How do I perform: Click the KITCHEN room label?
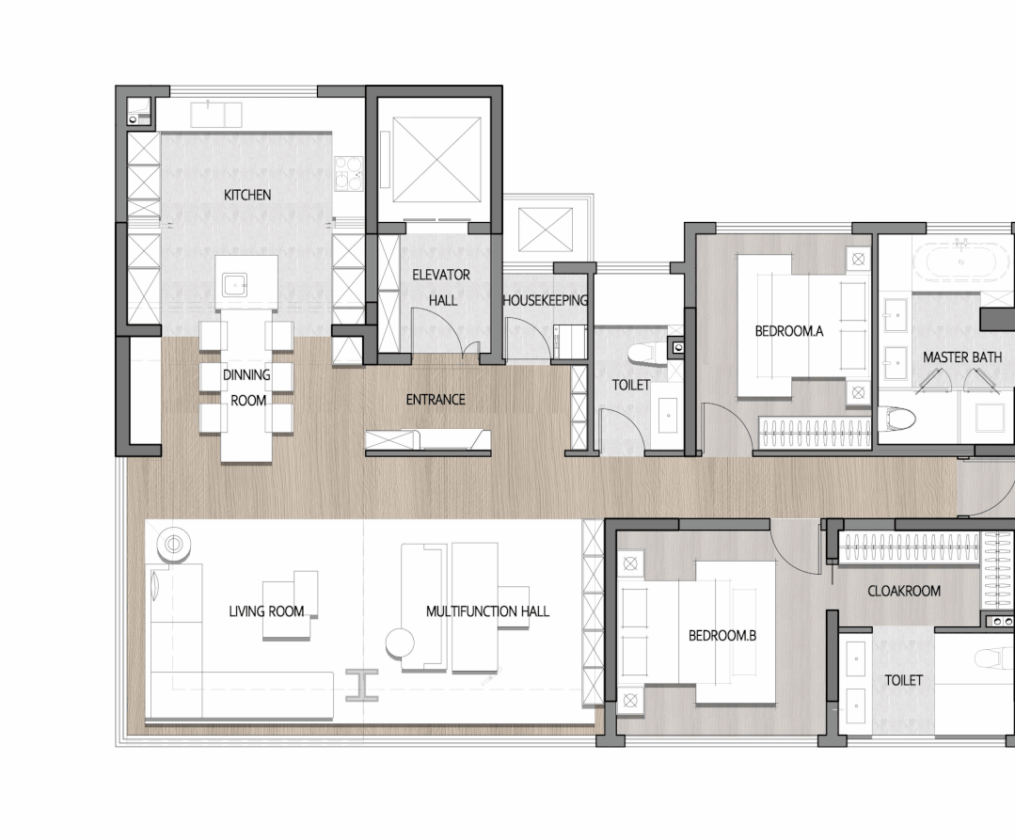pos(247,195)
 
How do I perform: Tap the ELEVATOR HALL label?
pos(441,287)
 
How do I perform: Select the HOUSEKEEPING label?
pos(545,300)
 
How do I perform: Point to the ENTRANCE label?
pos(435,399)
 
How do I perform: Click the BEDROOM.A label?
pos(789,331)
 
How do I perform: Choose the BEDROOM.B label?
pos(722,636)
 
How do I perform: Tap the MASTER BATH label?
pos(962,357)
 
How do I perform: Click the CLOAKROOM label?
pos(904,591)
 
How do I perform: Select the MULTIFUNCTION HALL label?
pos(487,611)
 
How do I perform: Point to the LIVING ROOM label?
pos(266,611)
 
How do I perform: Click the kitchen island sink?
pos(234,284)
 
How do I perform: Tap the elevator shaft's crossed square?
pos(436,160)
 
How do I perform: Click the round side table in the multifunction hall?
pos(400,643)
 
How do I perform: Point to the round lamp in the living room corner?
pos(174,545)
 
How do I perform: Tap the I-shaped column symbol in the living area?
pos(362,686)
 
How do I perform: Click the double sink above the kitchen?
pos(217,115)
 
